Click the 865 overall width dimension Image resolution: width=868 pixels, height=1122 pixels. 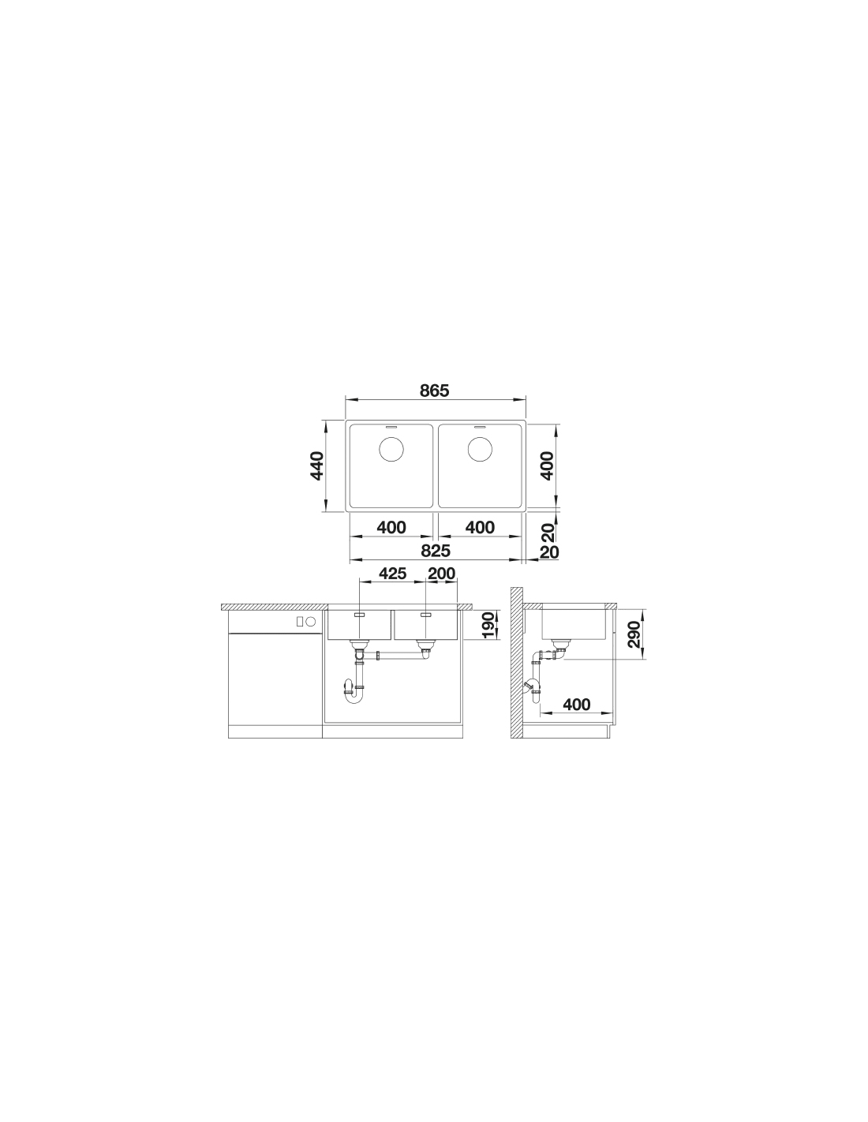(x=434, y=391)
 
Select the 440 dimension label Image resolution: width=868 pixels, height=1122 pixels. (x=317, y=466)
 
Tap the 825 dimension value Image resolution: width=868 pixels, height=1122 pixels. (x=436, y=551)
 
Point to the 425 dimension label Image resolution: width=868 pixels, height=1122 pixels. (x=392, y=573)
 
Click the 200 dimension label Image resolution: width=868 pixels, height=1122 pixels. (x=441, y=573)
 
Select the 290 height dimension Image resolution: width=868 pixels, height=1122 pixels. (x=634, y=634)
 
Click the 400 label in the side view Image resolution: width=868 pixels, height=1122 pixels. (x=576, y=704)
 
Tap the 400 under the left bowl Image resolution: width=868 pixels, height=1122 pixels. (x=391, y=527)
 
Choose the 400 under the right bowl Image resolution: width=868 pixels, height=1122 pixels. (x=480, y=527)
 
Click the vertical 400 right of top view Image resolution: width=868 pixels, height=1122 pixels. (x=548, y=466)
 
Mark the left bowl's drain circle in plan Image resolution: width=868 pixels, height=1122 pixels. (x=391, y=448)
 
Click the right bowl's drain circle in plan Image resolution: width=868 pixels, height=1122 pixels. (x=480, y=448)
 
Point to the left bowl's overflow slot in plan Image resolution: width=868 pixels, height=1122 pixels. (x=391, y=428)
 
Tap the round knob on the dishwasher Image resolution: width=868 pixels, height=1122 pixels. (x=311, y=622)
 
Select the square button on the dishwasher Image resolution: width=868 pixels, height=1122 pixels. (x=300, y=622)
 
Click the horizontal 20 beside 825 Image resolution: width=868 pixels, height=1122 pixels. (x=549, y=552)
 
